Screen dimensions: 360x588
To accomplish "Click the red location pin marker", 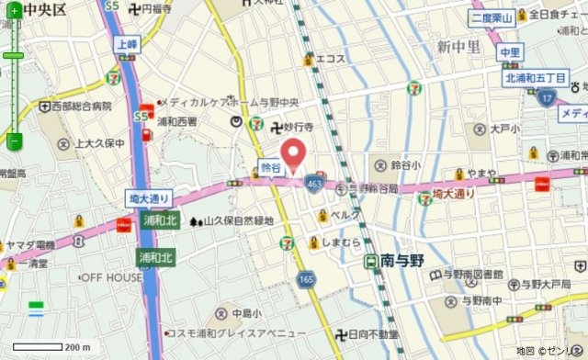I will point(293,154).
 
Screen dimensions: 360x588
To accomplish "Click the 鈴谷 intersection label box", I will point(269,167).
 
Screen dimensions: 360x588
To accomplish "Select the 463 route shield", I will point(314,184).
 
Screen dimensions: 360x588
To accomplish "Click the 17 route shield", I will point(548,97).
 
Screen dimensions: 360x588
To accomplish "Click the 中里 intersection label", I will point(510,52).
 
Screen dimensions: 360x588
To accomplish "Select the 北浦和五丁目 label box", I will point(539,79).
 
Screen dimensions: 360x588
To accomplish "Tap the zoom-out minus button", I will point(14,141).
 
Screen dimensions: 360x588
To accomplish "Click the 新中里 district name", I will point(459,47).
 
